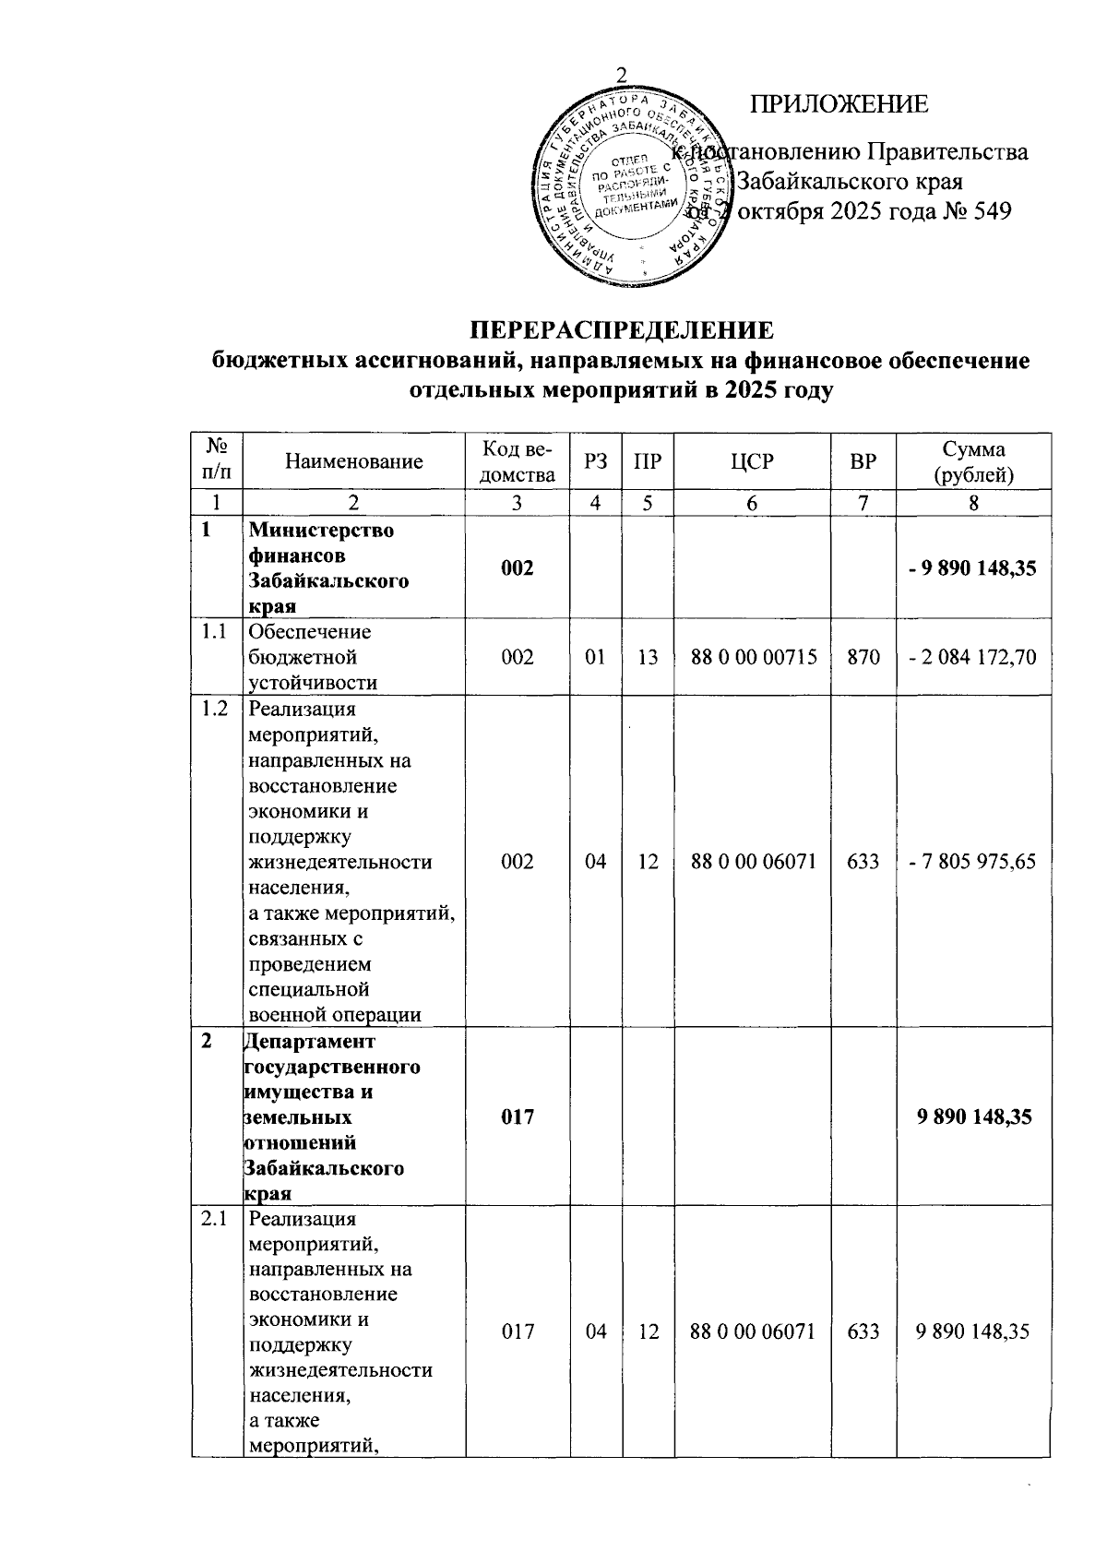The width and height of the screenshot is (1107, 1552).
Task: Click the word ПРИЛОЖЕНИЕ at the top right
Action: [839, 104]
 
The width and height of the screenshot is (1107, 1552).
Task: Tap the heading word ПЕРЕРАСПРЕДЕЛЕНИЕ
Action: [622, 330]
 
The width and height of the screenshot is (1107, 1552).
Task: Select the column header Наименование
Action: [354, 461]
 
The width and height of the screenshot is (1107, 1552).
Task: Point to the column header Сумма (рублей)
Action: [973, 461]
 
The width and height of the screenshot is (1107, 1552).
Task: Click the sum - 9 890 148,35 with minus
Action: [972, 567]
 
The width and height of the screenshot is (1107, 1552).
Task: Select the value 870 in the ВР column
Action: [863, 657]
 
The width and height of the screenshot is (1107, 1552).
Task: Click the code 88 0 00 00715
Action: [753, 657]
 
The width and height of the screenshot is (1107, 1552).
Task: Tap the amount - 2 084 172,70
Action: [972, 657]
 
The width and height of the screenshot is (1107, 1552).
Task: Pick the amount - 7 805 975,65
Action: [972, 862]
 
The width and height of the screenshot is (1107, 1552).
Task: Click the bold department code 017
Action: [518, 1117]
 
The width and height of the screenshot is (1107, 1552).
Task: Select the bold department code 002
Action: [518, 567]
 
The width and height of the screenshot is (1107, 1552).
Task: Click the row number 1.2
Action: [215, 710]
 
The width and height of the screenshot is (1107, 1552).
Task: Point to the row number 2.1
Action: [215, 1219]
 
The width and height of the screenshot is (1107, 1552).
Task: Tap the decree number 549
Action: [991, 211]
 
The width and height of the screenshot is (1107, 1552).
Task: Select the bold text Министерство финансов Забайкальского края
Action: [328, 568]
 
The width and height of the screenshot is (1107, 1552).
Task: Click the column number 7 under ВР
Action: [863, 503]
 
